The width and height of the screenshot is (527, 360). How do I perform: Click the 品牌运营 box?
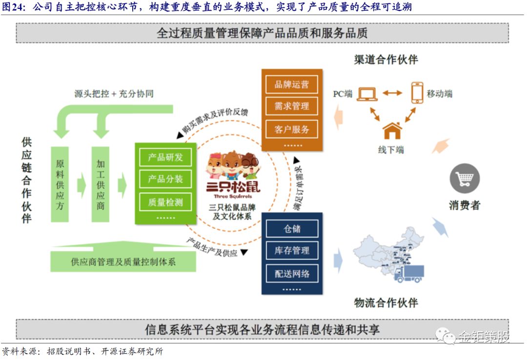[x=292, y=84]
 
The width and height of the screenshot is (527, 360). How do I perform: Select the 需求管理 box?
[x=292, y=106]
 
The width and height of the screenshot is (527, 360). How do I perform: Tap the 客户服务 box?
[x=292, y=129]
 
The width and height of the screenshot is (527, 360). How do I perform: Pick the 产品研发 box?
[x=165, y=157]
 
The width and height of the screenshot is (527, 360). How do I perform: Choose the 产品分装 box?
[x=165, y=179]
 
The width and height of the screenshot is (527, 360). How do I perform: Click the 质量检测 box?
[x=165, y=201]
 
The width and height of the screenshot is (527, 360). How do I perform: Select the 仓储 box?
[x=292, y=228]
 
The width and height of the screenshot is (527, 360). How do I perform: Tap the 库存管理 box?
[x=292, y=250]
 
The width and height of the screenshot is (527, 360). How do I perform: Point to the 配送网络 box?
[x=292, y=273]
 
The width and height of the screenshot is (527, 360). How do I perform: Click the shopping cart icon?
[x=465, y=179]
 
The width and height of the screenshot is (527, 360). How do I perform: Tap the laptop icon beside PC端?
[x=367, y=93]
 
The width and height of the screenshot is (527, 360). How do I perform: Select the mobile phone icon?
[x=417, y=92]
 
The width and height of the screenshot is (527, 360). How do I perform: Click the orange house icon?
[x=392, y=131]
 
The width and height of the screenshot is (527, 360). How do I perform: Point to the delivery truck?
[x=409, y=273]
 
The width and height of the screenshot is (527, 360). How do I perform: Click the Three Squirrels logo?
[x=234, y=173]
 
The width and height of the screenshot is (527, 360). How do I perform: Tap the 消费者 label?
[x=465, y=205]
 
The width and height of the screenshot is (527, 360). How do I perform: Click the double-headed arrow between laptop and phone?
[x=392, y=93]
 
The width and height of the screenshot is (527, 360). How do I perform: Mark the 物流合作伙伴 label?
[x=385, y=302]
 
